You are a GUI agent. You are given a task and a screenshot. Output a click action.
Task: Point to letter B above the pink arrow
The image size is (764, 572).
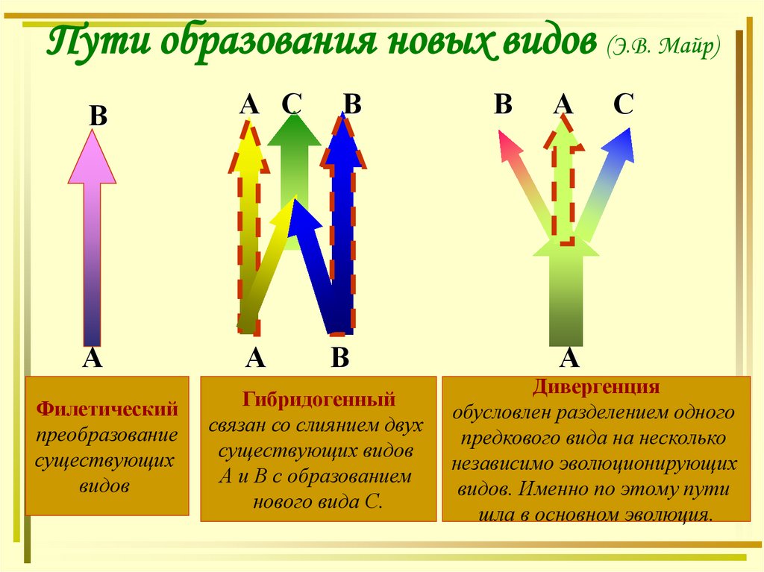coord(98,117)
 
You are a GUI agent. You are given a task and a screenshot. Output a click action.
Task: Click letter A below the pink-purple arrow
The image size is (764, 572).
coord(92,359)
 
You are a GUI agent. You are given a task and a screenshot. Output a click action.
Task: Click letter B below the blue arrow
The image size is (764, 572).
coord(340,359)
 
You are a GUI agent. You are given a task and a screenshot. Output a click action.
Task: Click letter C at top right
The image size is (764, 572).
coord(623,104)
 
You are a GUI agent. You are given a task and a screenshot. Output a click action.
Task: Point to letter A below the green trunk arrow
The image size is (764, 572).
coord(569,359)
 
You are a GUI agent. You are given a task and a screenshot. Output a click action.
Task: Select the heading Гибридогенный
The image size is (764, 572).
coord(317,400)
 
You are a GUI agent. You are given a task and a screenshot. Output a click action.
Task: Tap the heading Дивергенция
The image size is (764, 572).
coord(595,388)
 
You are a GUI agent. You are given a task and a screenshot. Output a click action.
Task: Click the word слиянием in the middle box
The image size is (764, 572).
coord(321,425)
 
